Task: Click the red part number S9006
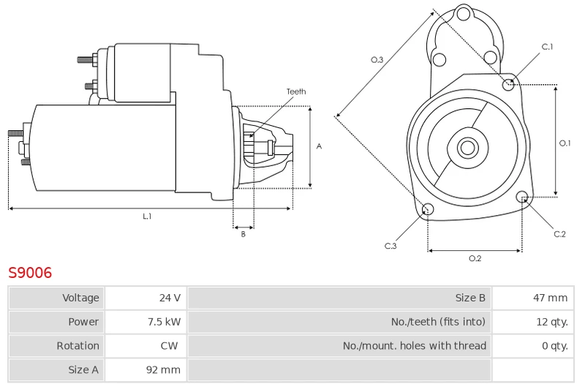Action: point(30,273)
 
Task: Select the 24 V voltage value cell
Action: point(146,298)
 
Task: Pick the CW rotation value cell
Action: point(146,345)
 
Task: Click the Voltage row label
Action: point(80,298)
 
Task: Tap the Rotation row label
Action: point(78,345)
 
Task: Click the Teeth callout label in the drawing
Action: point(296,91)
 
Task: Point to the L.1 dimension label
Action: point(147,216)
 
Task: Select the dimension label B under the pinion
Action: point(243,234)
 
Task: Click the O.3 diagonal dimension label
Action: point(377,60)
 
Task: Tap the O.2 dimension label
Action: point(475,258)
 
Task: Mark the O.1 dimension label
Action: point(565,143)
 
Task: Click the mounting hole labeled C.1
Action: point(508,85)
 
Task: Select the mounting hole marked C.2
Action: point(522,197)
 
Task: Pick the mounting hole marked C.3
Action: point(428,209)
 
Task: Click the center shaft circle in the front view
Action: point(467,147)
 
